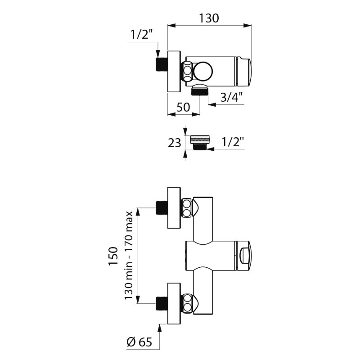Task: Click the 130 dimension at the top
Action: click(x=209, y=18)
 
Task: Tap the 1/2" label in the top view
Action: click(x=142, y=35)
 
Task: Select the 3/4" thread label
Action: click(x=231, y=97)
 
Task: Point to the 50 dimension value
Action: click(x=183, y=107)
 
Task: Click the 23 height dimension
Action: click(x=175, y=143)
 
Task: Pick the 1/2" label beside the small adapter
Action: click(x=233, y=142)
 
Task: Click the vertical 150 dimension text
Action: click(x=113, y=256)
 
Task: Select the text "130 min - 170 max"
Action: click(x=129, y=255)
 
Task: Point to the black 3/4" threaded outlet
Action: click(x=200, y=92)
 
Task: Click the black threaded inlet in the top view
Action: click(x=162, y=64)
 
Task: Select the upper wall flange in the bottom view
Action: click(x=174, y=208)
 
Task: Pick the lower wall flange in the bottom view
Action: click(x=174, y=303)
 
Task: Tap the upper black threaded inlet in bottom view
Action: click(x=162, y=208)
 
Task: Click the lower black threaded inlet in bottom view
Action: click(x=162, y=303)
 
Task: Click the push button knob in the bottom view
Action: click(x=244, y=256)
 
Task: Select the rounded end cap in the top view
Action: click(x=244, y=71)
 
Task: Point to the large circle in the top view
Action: click(x=203, y=72)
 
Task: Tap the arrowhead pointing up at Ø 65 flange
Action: click(x=160, y=328)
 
